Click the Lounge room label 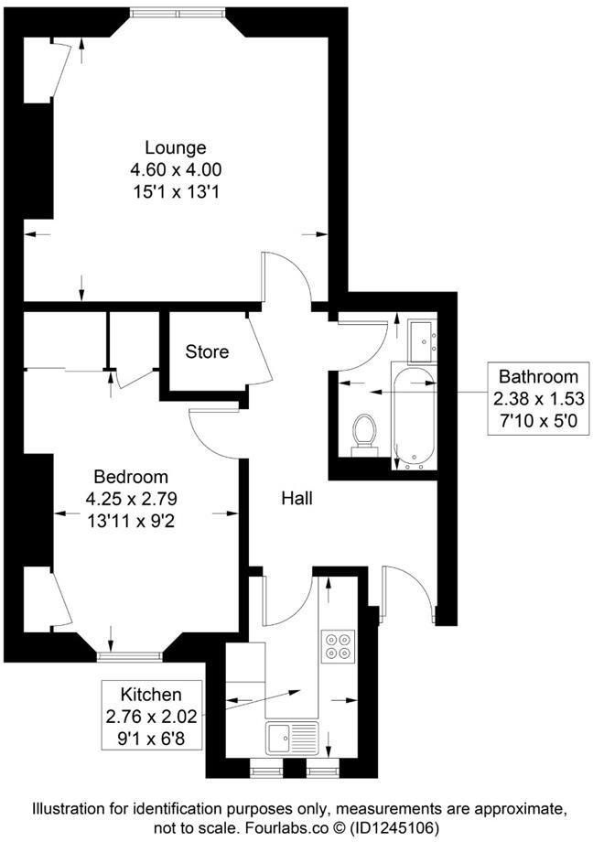point(176,147)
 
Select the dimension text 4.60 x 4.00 point(176,169)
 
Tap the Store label point(207,351)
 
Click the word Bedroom point(132,477)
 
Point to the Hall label point(297,499)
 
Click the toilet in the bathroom point(364,432)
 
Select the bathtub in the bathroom point(415,416)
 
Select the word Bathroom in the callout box point(538,376)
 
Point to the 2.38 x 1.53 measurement point(538,398)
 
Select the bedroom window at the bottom point(130,655)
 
